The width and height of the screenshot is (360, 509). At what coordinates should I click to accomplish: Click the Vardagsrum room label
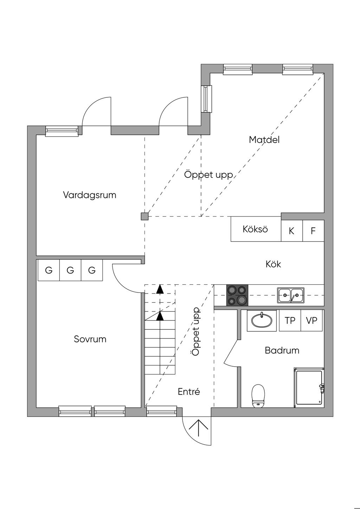point(90,195)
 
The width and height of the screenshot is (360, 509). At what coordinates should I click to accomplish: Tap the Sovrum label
point(90,339)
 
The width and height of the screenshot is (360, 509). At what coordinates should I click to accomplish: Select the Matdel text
point(264,140)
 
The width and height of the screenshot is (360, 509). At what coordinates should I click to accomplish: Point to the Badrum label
point(282,350)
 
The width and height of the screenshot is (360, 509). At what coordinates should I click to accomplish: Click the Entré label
point(189,392)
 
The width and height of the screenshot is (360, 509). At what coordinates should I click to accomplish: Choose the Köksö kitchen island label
point(255,229)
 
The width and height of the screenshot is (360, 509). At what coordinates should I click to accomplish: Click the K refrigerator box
point(291,231)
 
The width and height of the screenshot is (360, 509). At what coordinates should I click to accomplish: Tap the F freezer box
point(313,231)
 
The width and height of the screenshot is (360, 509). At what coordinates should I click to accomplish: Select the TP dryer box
point(290,320)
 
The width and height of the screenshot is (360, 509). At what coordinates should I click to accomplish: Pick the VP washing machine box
point(311,320)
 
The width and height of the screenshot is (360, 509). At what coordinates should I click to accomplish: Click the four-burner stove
point(237,295)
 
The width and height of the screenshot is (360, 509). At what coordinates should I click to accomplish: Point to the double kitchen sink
point(291,295)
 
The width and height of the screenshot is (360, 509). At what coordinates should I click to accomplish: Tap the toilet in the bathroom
point(258,395)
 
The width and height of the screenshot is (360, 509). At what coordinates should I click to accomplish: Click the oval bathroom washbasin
point(262,320)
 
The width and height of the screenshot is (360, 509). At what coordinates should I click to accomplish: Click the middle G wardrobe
point(70,270)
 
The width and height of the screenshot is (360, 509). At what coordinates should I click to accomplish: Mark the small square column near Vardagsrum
point(144,216)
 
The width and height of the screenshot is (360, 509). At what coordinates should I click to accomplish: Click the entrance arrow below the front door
point(199,429)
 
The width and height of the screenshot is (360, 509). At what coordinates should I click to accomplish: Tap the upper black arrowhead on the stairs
point(160,289)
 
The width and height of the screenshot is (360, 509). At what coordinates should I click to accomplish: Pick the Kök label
point(273,264)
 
